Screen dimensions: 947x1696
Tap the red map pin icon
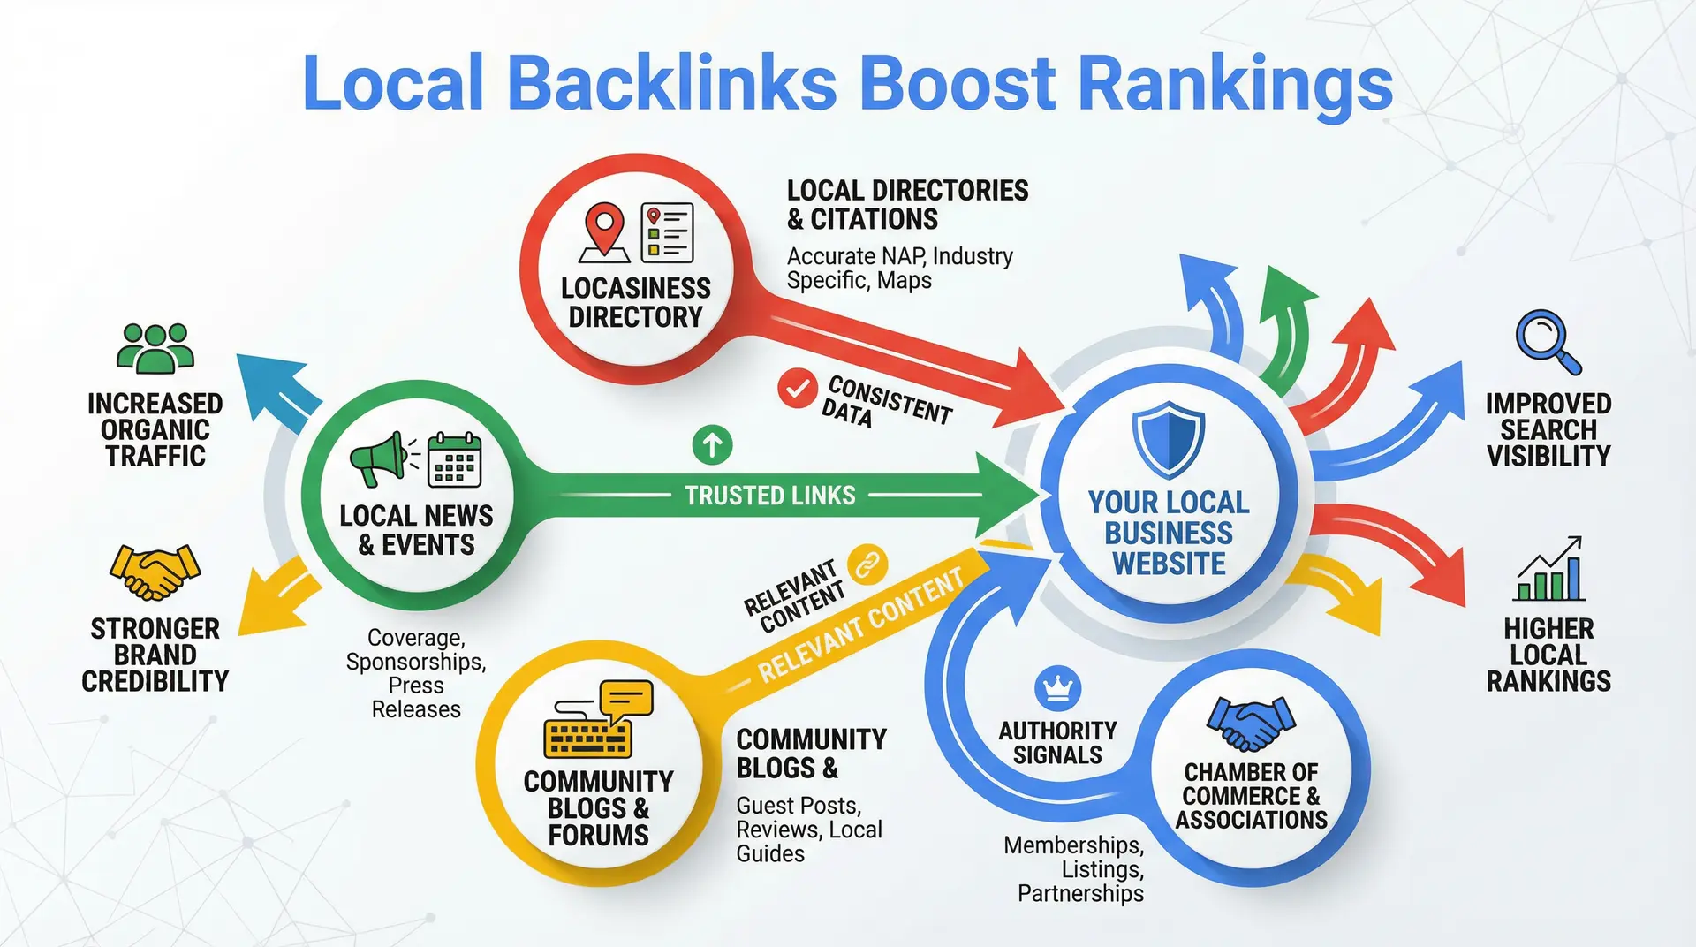[x=605, y=231]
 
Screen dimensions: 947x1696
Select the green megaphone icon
[x=378, y=459]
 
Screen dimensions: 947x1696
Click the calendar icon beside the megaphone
[x=454, y=460]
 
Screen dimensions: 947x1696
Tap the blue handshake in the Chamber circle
[x=1251, y=723]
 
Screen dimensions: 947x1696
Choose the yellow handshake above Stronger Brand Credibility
[x=155, y=572]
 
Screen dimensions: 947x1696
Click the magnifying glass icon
[x=1548, y=342]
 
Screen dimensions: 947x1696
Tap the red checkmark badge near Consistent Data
[x=797, y=389]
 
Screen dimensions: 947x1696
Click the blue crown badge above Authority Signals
[x=1057, y=689]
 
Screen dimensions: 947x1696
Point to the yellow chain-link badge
[x=867, y=564]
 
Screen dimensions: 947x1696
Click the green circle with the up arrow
[x=713, y=444]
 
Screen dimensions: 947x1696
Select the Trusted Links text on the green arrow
[x=769, y=496]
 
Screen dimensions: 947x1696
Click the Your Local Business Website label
[x=1169, y=533]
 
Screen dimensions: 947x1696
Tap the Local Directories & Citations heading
[x=907, y=204]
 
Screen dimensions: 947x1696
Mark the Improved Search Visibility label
[x=1548, y=430]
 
